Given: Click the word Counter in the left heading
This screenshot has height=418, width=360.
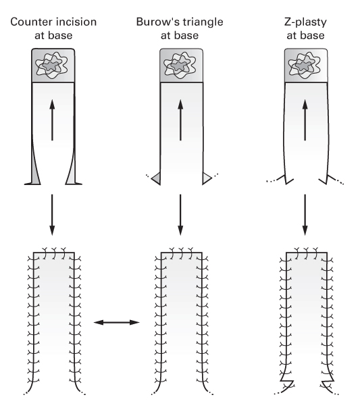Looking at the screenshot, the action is [x=30, y=22].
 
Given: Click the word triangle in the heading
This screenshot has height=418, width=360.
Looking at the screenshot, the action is [x=203, y=22].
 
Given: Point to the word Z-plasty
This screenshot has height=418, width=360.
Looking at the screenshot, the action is [x=305, y=22].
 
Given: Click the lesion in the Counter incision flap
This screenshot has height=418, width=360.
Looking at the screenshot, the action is [x=51, y=65].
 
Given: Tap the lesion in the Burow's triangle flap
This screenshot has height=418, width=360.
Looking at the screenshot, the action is [x=180, y=65].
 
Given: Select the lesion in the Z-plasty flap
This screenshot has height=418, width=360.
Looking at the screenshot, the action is [x=305, y=65].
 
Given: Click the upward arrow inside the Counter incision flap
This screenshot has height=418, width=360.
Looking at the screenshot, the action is [x=52, y=120].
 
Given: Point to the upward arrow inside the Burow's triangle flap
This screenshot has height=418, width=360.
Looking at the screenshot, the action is [x=180, y=120].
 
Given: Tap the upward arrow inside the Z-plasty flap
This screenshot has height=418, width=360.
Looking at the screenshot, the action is [x=305, y=120].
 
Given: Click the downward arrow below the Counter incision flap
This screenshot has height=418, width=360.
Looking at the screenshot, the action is [x=52, y=215].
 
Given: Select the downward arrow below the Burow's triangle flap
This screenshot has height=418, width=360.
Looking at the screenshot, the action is [x=180, y=215].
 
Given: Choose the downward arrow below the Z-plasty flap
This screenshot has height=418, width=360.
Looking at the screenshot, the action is [x=305, y=215].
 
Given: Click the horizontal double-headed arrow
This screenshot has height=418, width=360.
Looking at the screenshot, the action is [x=117, y=323].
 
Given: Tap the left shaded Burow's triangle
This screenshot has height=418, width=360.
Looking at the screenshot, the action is [x=157, y=178].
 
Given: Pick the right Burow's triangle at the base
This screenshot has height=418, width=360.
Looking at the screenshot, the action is [x=206, y=178].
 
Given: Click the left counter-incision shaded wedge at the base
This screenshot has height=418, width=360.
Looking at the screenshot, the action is [x=34, y=168].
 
